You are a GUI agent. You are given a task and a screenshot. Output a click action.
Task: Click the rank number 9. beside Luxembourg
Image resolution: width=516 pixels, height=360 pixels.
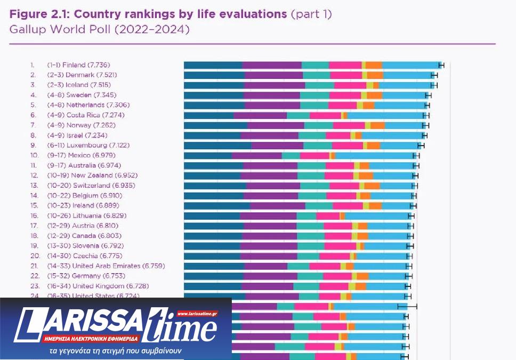[x=33, y=145]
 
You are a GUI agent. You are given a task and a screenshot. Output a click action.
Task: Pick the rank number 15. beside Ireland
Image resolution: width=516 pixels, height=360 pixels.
[x=34, y=205]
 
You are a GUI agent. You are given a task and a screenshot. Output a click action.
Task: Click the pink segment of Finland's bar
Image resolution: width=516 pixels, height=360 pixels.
[x=345, y=65]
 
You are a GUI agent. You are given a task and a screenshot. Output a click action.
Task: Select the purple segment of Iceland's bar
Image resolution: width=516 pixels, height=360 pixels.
[x=275, y=85]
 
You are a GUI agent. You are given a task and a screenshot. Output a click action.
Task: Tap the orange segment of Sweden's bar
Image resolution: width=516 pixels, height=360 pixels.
[x=375, y=95]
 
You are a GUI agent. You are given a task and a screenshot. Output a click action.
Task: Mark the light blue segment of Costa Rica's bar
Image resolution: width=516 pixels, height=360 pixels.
[x=386, y=115]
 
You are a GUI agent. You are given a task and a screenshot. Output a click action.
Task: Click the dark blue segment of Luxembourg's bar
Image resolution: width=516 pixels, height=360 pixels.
[x=217, y=145]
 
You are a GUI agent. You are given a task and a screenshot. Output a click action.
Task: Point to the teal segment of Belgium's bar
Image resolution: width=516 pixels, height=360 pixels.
[x=312, y=196]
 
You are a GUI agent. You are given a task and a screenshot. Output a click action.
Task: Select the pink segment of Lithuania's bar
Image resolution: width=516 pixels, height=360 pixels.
[x=328, y=215]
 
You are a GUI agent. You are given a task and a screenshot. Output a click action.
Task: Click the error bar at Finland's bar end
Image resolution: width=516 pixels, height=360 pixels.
[x=441, y=65]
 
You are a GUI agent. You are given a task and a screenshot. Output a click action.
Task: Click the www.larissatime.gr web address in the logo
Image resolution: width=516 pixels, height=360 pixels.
[x=198, y=314]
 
